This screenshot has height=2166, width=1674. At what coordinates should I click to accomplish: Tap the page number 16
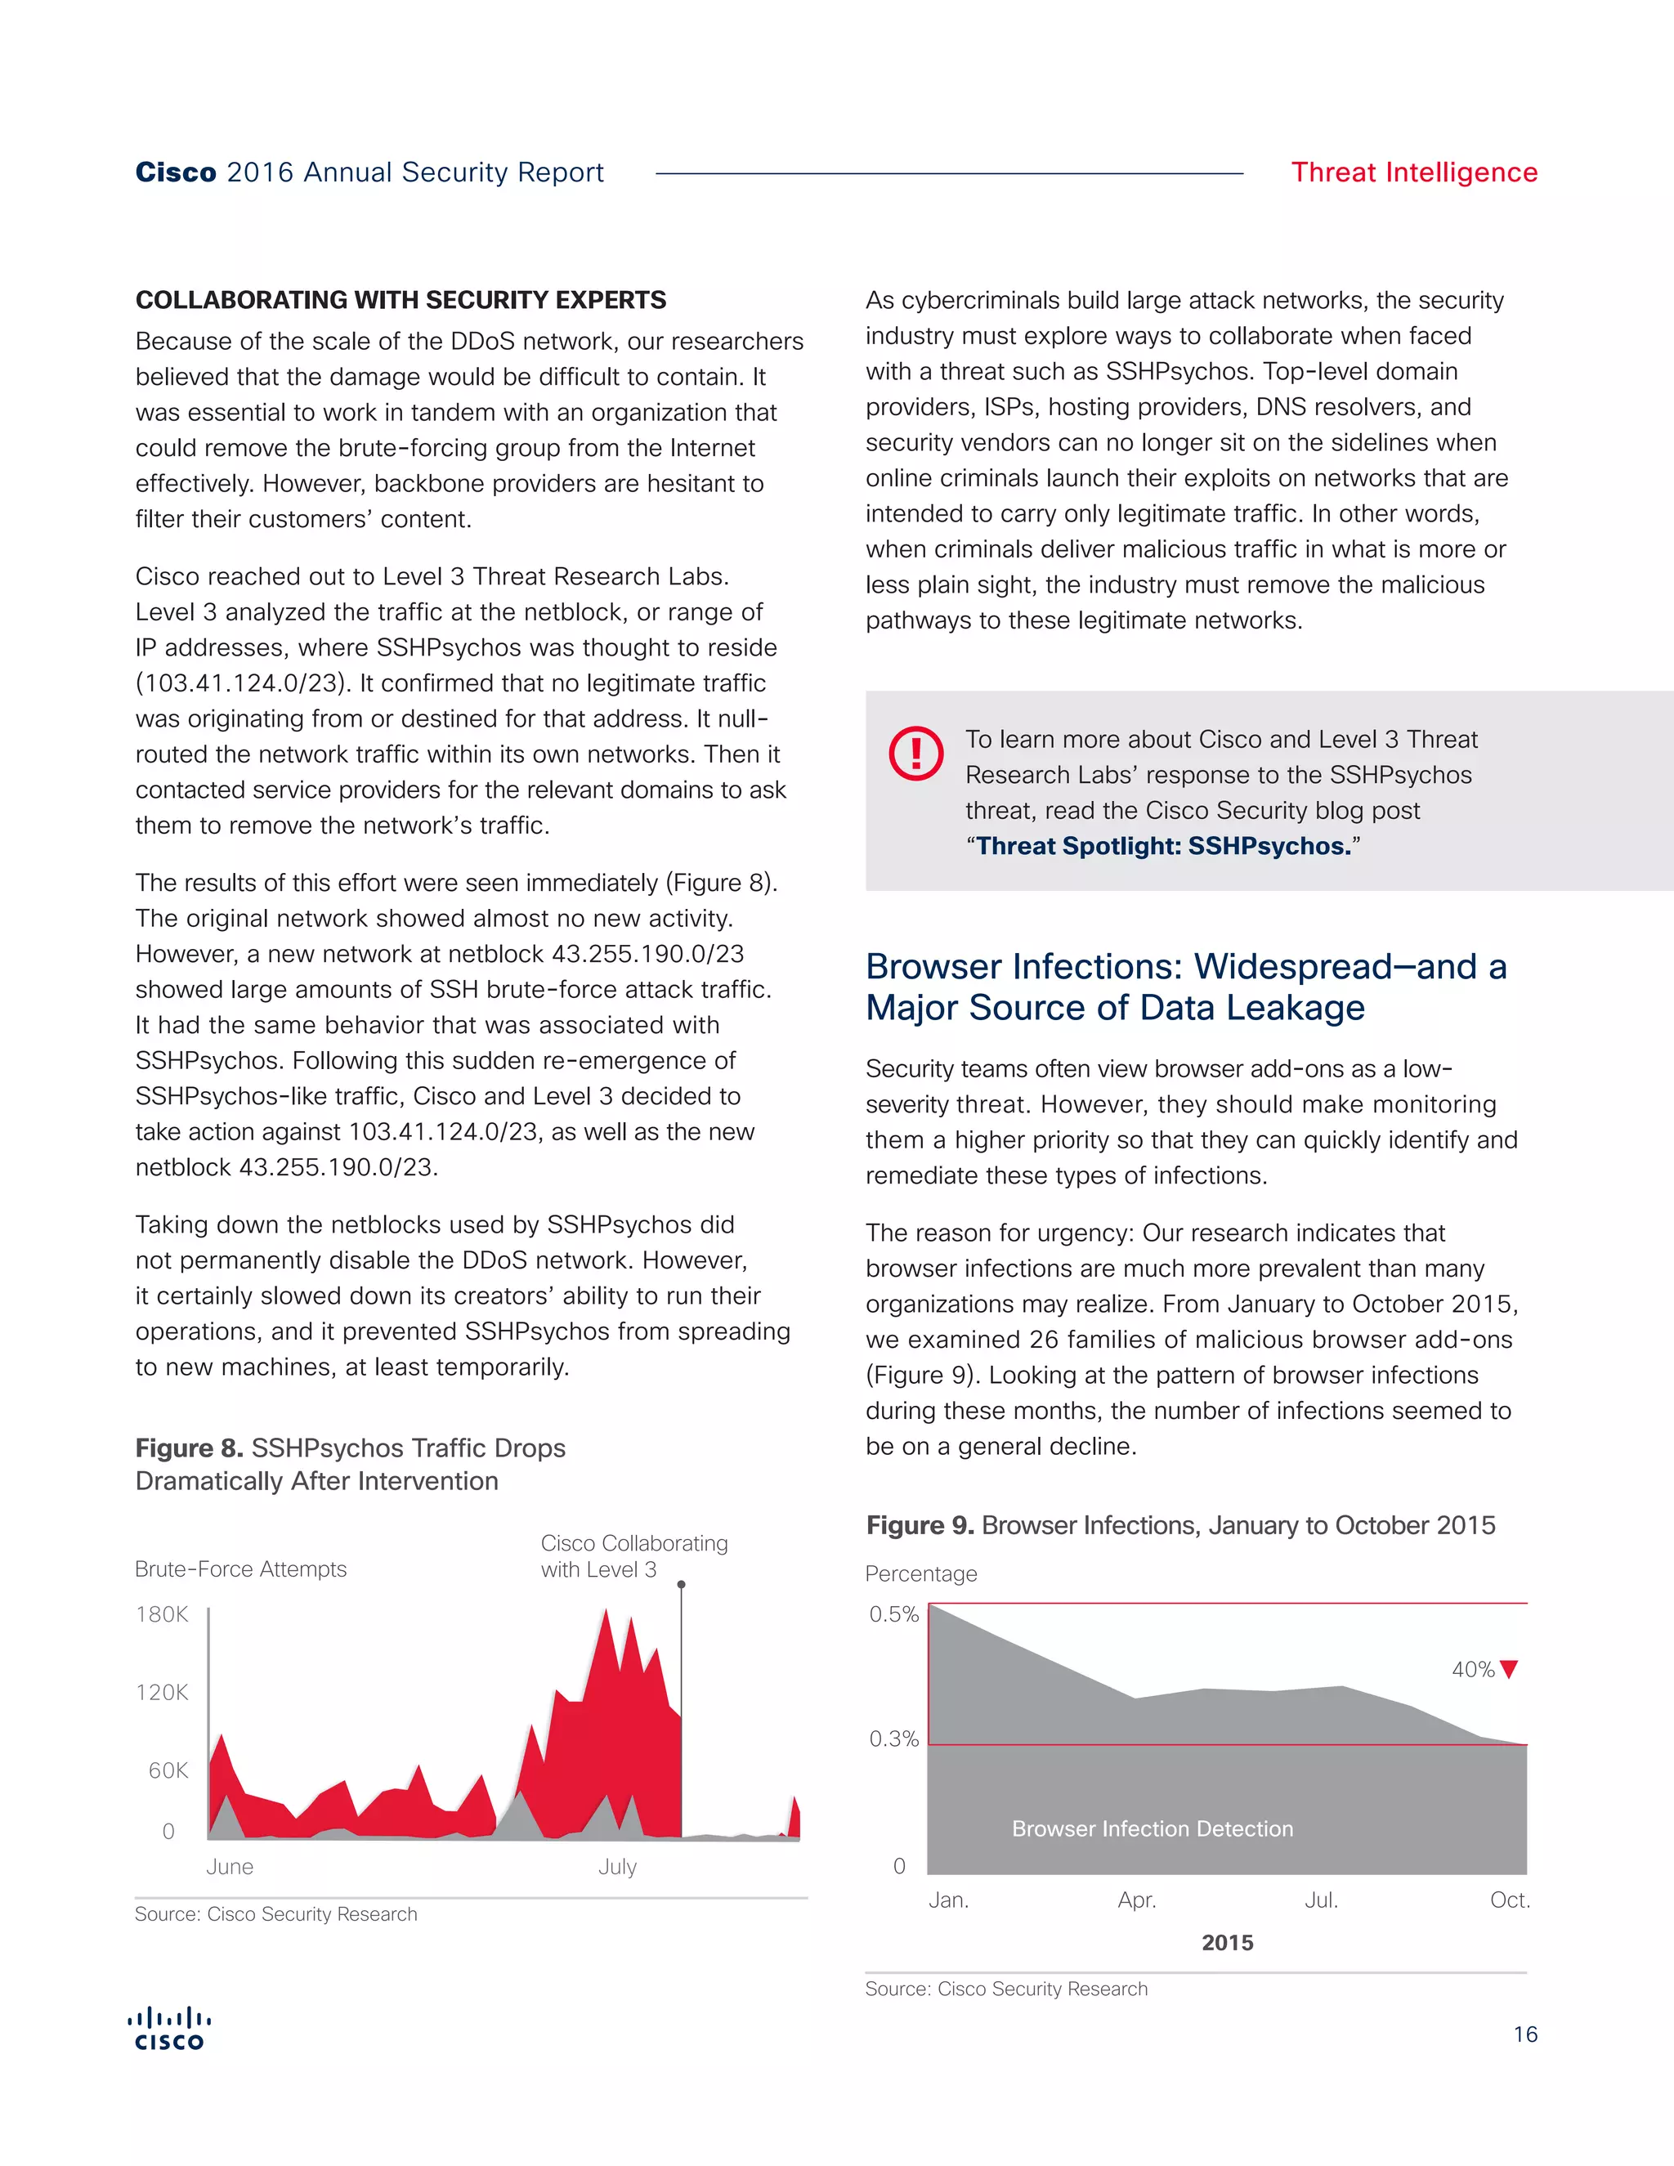click(x=1524, y=2034)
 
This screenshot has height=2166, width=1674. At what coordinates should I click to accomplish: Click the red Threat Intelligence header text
click(x=1413, y=172)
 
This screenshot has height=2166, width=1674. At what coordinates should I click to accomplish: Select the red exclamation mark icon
click(x=915, y=754)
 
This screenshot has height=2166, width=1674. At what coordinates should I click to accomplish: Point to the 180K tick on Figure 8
click(x=162, y=1614)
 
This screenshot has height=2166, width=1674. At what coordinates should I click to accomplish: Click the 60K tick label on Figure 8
click(x=168, y=1770)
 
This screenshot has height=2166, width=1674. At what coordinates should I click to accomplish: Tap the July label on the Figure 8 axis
click(x=617, y=1867)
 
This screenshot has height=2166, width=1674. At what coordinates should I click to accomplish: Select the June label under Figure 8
click(x=230, y=1867)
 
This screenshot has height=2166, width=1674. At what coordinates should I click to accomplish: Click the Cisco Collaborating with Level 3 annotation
click(x=633, y=1556)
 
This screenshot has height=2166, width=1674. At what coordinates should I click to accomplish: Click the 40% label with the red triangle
click(x=1484, y=1670)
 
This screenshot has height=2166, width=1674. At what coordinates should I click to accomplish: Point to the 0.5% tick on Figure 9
click(x=893, y=1614)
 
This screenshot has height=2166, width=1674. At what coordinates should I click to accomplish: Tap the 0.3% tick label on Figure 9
click(x=893, y=1739)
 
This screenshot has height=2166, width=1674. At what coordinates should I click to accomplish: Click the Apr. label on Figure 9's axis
click(x=1136, y=1900)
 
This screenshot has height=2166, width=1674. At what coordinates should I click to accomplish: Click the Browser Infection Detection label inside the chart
click(x=1153, y=1828)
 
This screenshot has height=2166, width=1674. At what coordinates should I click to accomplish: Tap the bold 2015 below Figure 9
click(x=1227, y=1943)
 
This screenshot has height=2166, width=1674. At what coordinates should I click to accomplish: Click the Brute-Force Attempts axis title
click(x=241, y=1569)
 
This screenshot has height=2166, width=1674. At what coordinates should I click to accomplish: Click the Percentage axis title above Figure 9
click(x=920, y=1574)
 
